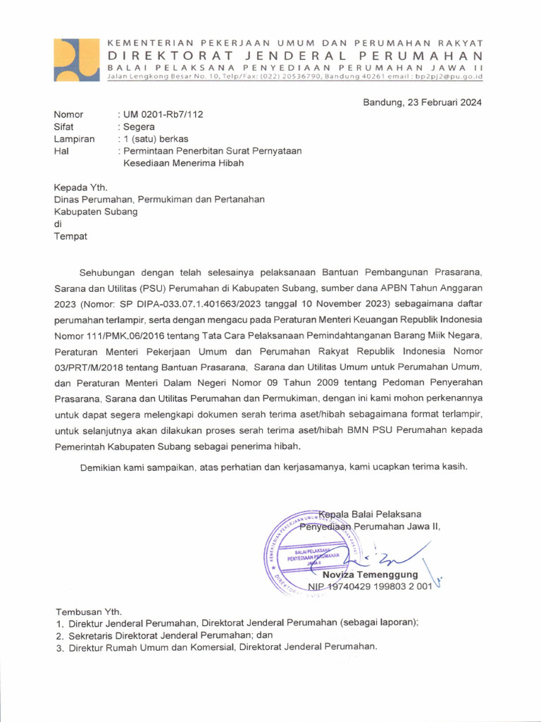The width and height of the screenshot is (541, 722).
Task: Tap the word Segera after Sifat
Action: [x=139, y=127]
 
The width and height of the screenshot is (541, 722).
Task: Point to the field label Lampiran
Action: [x=74, y=139]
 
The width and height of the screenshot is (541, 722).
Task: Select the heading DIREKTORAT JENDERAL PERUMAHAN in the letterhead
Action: [x=295, y=56]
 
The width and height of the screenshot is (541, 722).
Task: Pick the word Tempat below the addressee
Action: [x=70, y=236]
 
